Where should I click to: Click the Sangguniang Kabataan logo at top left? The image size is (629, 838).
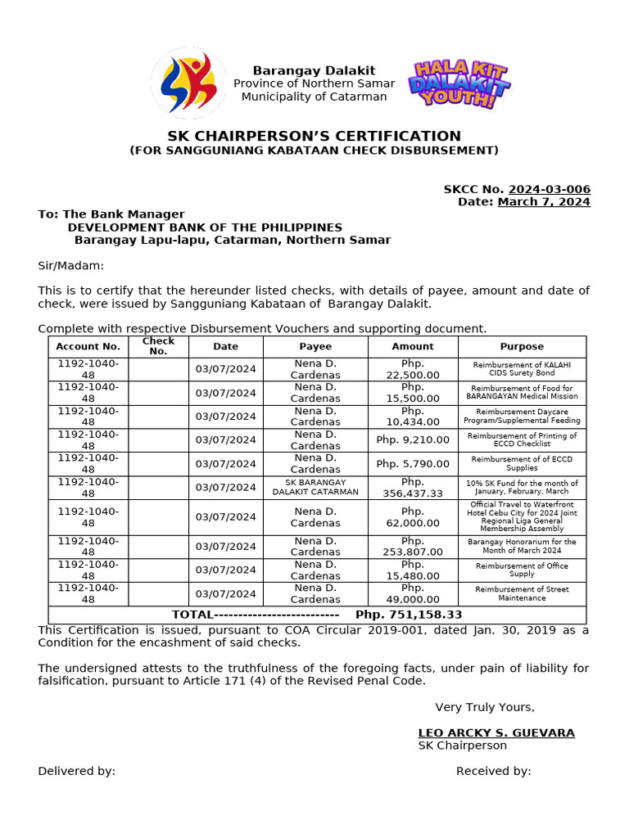(x=188, y=83)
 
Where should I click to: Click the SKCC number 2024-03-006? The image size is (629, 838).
(x=549, y=189)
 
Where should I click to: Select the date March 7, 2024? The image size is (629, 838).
(x=544, y=202)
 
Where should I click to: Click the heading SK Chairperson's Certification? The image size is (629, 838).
(x=314, y=136)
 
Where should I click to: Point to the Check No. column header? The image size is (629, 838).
(x=158, y=346)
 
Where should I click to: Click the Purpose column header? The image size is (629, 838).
(x=522, y=347)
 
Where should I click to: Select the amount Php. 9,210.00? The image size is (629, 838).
(x=413, y=440)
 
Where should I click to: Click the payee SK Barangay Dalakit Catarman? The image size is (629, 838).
(x=315, y=488)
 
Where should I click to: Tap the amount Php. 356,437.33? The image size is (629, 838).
(x=413, y=488)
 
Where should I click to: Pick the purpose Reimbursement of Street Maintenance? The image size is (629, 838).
(x=522, y=593)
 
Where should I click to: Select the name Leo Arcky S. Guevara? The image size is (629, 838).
(x=496, y=732)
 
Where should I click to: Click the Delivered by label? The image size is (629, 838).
(x=76, y=771)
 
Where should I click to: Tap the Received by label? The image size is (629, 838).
(x=493, y=771)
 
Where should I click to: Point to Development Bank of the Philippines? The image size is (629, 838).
(x=205, y=228)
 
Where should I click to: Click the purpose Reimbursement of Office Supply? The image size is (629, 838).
(x=522, y=570)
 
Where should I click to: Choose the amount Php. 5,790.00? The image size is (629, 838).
(x=413, y=464)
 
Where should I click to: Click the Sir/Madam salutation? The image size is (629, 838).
(x=71, y=266)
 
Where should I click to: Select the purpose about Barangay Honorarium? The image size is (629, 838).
(x=522, y=546)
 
